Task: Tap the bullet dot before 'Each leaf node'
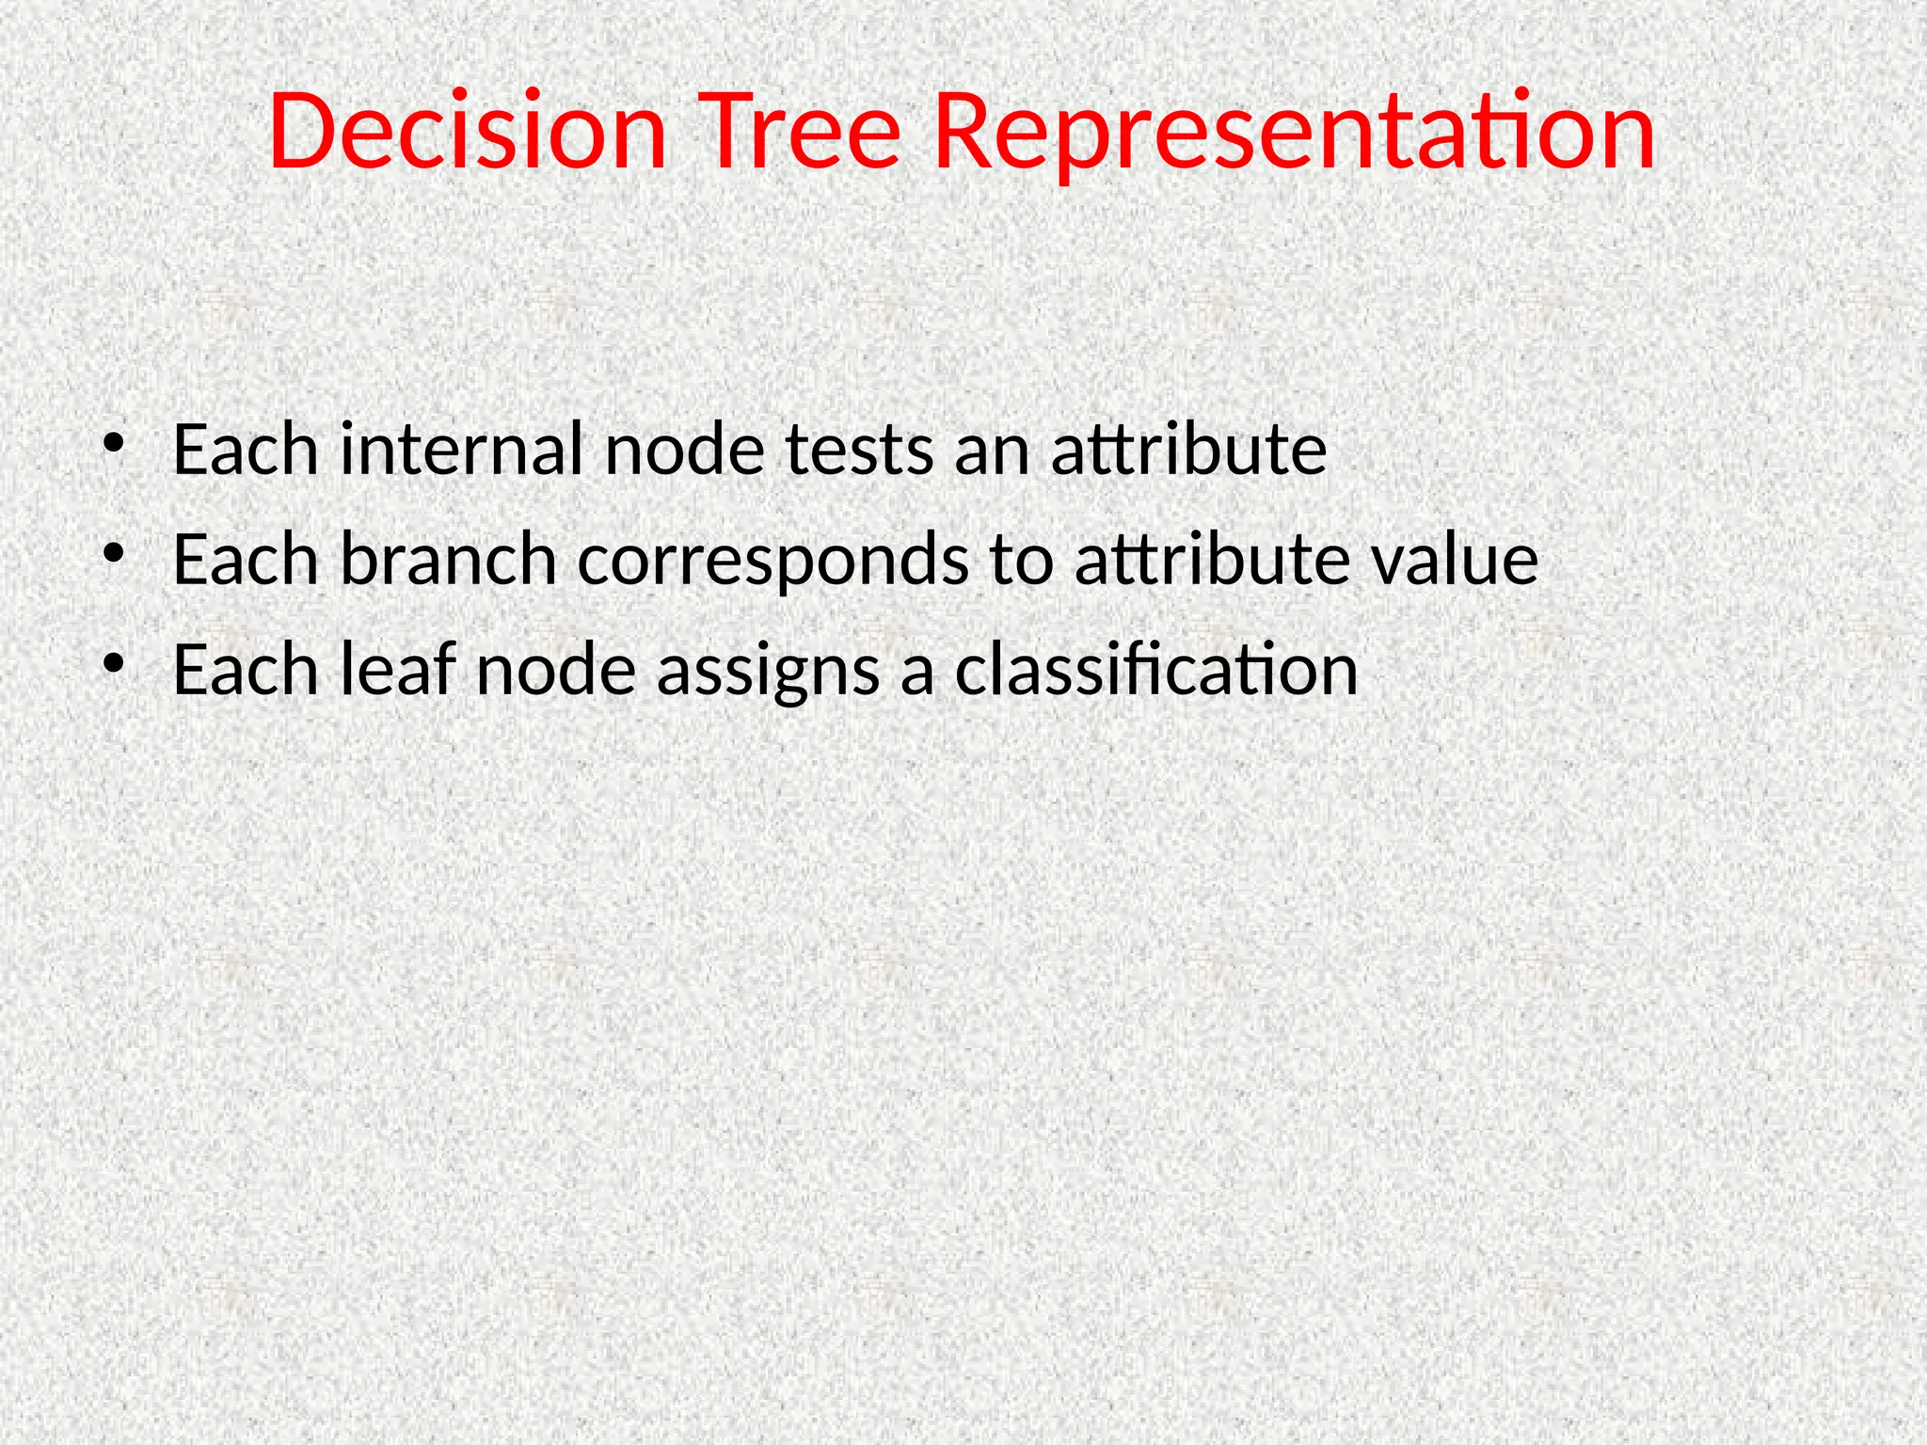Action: tap(114, 663)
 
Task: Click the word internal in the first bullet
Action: tap(461, 450)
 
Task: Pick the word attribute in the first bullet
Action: tap(1188, 450)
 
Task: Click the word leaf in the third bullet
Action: tap(397, 670)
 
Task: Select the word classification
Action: tap(1156, 670)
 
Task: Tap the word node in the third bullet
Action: tap(555, 670)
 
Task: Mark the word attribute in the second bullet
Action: tap(1212, 560)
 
